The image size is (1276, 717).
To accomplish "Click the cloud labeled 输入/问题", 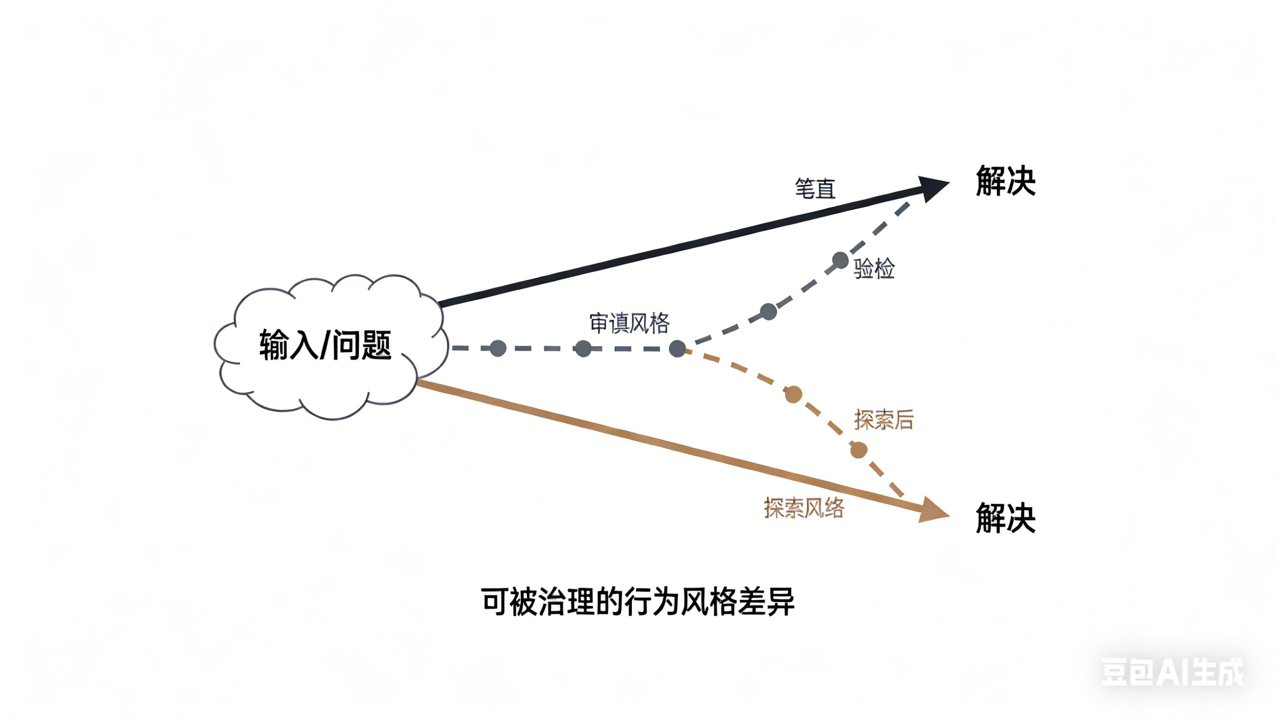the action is (x=327, y=347).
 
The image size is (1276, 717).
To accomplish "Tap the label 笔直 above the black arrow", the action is (x=815, y=189).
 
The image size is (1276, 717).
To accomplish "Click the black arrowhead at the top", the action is (x=933, y=188).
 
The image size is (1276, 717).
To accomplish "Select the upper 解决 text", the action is (x=1005, y=181).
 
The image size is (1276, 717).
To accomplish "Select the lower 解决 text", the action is (x=1005, y=518).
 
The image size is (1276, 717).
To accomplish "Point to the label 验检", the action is (x=875, y=269).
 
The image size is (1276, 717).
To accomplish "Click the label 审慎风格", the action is (x=629, y=323).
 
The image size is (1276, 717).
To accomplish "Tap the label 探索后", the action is (x=884, y=420).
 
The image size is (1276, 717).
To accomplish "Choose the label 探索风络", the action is (x=803, y=508).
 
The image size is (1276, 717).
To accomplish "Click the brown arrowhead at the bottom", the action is (x=933, y=511).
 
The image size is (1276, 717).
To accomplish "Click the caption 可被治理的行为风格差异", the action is (x=638, y=602).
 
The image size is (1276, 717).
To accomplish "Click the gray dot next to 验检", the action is (x=840, y=261).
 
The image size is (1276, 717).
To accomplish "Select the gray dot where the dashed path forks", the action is (x=678, y=348).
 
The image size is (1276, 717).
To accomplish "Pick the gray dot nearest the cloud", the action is (x=498, y=348).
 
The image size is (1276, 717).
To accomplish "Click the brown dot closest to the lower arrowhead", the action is (x=859, y=450).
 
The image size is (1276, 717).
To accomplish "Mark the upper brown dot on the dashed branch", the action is (x=793, y=395).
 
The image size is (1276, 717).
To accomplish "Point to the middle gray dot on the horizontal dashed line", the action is (x=583, y=348).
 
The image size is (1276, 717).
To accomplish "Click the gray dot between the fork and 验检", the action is (x=768, y=312).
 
